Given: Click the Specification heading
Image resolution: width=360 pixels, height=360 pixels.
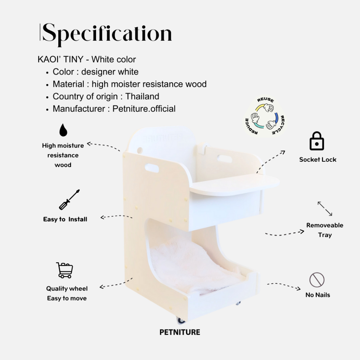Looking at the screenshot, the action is [107, 34].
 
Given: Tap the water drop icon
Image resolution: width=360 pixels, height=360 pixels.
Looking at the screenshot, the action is [63, 130].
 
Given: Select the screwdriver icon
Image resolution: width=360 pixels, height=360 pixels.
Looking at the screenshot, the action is [69, 200].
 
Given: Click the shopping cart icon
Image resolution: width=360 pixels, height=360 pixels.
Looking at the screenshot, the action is [65, 270].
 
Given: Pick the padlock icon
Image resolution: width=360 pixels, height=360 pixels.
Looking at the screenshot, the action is [317, 141].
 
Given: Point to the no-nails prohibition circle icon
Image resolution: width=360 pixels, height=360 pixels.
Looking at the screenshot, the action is [317, 280].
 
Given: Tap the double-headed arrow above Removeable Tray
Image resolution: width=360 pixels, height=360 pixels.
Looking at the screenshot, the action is [325, 209].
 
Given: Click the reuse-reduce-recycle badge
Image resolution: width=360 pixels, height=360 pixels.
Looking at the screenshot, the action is [265, 117].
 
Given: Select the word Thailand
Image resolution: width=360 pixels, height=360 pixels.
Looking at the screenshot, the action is [142, 96].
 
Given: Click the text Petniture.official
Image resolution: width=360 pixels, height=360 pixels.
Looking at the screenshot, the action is [144, 109].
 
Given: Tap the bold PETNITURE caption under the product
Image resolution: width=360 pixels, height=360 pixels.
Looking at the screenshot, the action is [180, 332].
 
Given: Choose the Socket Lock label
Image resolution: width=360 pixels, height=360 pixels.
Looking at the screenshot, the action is [318, 160].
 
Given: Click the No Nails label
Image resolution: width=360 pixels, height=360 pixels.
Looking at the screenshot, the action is [318, 295].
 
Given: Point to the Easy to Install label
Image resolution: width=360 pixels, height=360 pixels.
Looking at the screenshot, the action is [65, 219].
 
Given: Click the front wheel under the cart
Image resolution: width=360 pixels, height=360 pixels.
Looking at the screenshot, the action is [181, 321].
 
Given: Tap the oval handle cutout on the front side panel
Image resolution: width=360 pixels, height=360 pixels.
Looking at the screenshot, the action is [152, 168].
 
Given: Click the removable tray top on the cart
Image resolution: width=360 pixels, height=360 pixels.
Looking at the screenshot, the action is [234, 184].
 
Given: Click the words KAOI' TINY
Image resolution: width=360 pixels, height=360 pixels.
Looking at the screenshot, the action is [60, 59].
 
